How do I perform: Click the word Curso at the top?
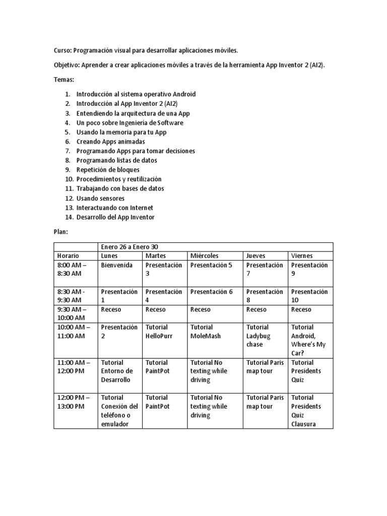click(x=62, y=50)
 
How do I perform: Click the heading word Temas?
click(x=63, y=80)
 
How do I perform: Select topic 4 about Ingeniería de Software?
click(x=130, y=123)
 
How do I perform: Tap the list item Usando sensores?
click(x=100, y=199)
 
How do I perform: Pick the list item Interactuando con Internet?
click(x=114, y=208)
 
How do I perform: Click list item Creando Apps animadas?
click(x=110, y=142)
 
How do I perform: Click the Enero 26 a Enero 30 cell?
click(x=130, y=247)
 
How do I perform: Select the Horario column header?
click(x=68, y=256)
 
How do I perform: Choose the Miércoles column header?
click(x=205, y=256)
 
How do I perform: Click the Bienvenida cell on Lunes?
click(x=117, y=265)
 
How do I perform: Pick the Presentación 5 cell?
click(x=211, y=265)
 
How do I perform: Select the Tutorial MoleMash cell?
click(x=206, y=331)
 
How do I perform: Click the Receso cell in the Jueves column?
click(x=256, y=309)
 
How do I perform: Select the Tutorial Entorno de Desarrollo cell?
click(x=117, y=371)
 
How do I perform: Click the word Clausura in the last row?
click(x=303, y=424)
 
